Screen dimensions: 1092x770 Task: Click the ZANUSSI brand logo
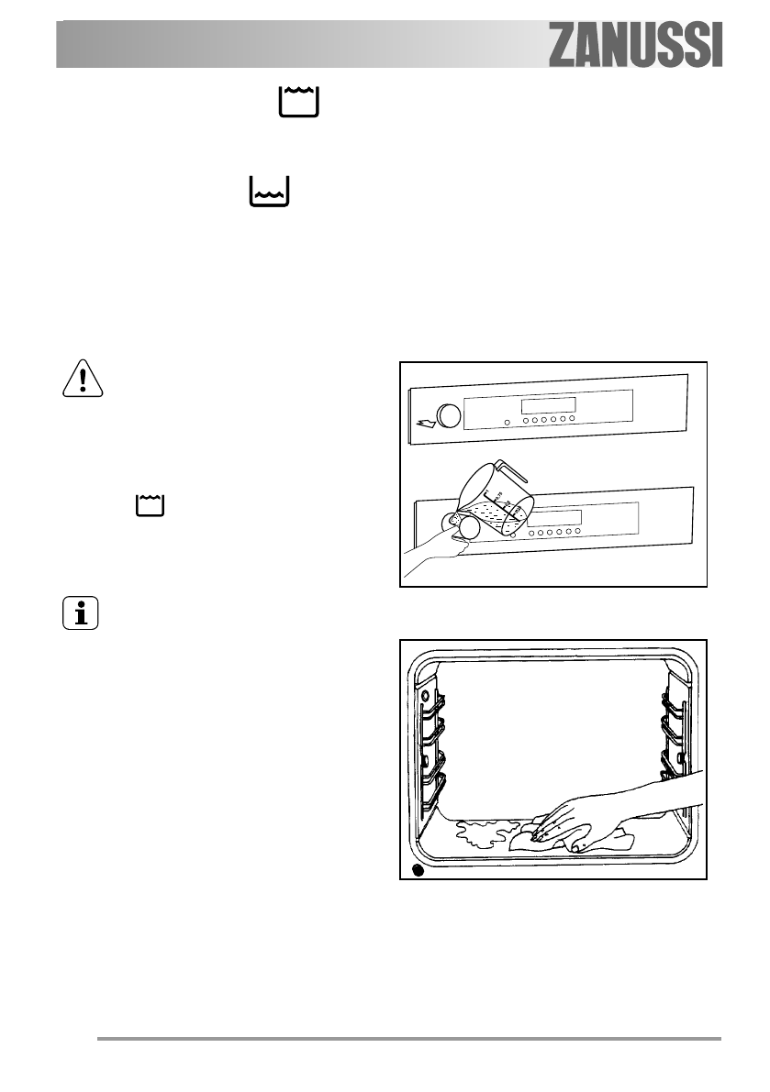coord(636,46)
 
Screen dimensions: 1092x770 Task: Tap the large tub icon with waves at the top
coord(299,102)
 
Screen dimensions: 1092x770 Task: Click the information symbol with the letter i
coord(81,613)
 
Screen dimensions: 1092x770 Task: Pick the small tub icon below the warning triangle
coord(148,505)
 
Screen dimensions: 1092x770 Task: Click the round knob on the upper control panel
coord(450,415)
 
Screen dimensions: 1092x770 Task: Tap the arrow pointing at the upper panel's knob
coord(426,423)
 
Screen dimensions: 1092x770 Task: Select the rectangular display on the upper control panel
coord(548,404)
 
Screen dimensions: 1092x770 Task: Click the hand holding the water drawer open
coord(431,555)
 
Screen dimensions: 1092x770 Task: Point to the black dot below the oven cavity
coord(418,869)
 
